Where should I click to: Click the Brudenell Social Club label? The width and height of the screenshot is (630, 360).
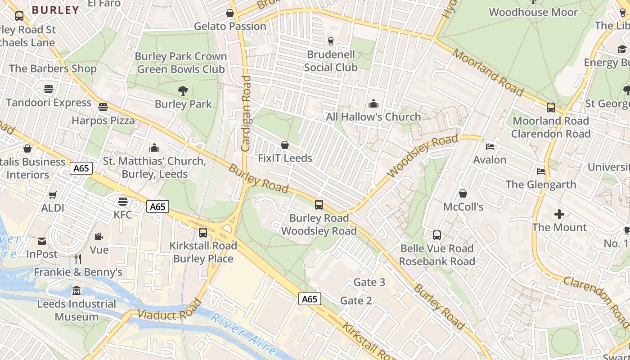(x=331, y=61)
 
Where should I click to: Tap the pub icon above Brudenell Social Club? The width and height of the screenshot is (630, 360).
(x=331, y=41)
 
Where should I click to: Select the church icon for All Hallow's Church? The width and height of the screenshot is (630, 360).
(x=373, y=104)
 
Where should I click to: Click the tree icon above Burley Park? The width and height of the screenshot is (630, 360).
(x=183, y=91)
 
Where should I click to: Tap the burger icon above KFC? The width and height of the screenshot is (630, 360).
(x=122, y=201)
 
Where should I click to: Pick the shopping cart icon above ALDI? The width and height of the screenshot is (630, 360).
(x=53, y=195)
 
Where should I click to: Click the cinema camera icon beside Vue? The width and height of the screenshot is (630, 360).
(x=99, y=237)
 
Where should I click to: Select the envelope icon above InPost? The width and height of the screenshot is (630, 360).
(x=42, y=241)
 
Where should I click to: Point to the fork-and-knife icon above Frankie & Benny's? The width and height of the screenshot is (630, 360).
(x=78, y=259)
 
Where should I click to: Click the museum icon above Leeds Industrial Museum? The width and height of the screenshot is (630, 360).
(x=76, y=291)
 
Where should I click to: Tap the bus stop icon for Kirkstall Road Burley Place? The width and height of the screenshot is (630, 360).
(x=203, y=233)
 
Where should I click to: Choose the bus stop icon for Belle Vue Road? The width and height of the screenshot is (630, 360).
(x=436, y=235)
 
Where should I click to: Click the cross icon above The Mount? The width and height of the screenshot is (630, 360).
(x=559, y=214)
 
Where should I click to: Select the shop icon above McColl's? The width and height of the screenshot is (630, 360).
(x=463, y=194)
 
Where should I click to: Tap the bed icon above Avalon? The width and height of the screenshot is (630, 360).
(x=490, y=147)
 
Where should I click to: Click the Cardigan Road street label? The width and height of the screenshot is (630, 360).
(x=246, y=113)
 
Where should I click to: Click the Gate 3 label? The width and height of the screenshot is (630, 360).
(x=369, y=282)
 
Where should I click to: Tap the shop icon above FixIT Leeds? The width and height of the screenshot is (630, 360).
(x=284, y=145)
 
